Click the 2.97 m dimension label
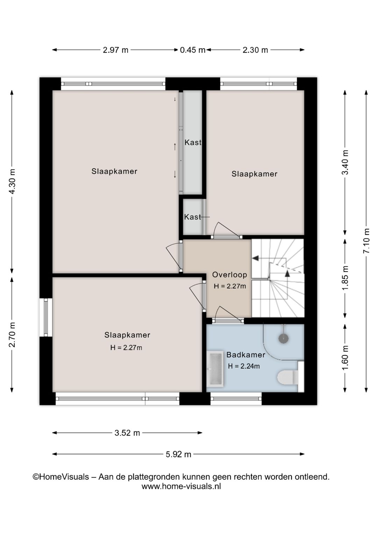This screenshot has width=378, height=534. [x=115, y=50]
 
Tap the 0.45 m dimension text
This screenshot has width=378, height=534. [x=192, y=50]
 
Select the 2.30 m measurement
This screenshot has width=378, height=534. [x=255, y=50]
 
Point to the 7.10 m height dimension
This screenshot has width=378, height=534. [x=366, y=241]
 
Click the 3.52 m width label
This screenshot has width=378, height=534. [x=127, y=433]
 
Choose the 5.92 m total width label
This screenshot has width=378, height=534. [x=178, y=454]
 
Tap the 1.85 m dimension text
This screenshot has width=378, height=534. [x=345, y=278]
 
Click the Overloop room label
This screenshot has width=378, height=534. [x=229, y=275]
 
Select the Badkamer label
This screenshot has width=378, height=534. [x=246, y=355]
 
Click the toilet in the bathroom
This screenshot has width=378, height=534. [x=288, y=378]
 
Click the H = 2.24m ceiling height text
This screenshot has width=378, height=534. [x=244, y=366]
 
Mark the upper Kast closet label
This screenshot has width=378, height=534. [x=193, y=142]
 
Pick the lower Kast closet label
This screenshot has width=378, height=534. [x=193, y=217]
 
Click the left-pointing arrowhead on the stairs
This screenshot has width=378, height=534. [x=255, y=258]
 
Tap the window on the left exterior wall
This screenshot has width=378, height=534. [x=46, y=317]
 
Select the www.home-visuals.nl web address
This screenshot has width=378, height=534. [x=181, y=486]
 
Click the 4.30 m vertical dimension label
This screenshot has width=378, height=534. [x=12, y=181]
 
